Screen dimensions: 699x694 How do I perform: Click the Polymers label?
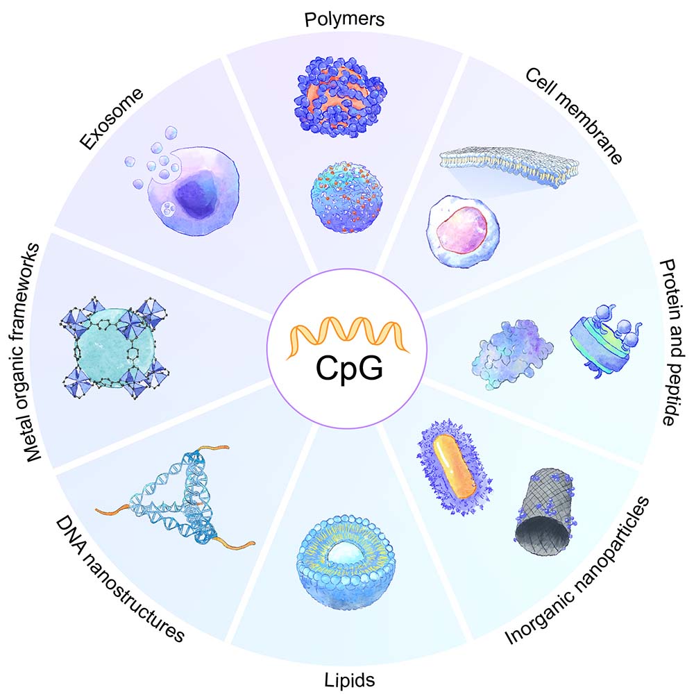pos(344,18)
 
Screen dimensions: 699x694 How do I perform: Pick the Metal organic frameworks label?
pos(35,347)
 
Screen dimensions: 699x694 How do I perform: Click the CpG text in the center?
pos(349,367)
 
